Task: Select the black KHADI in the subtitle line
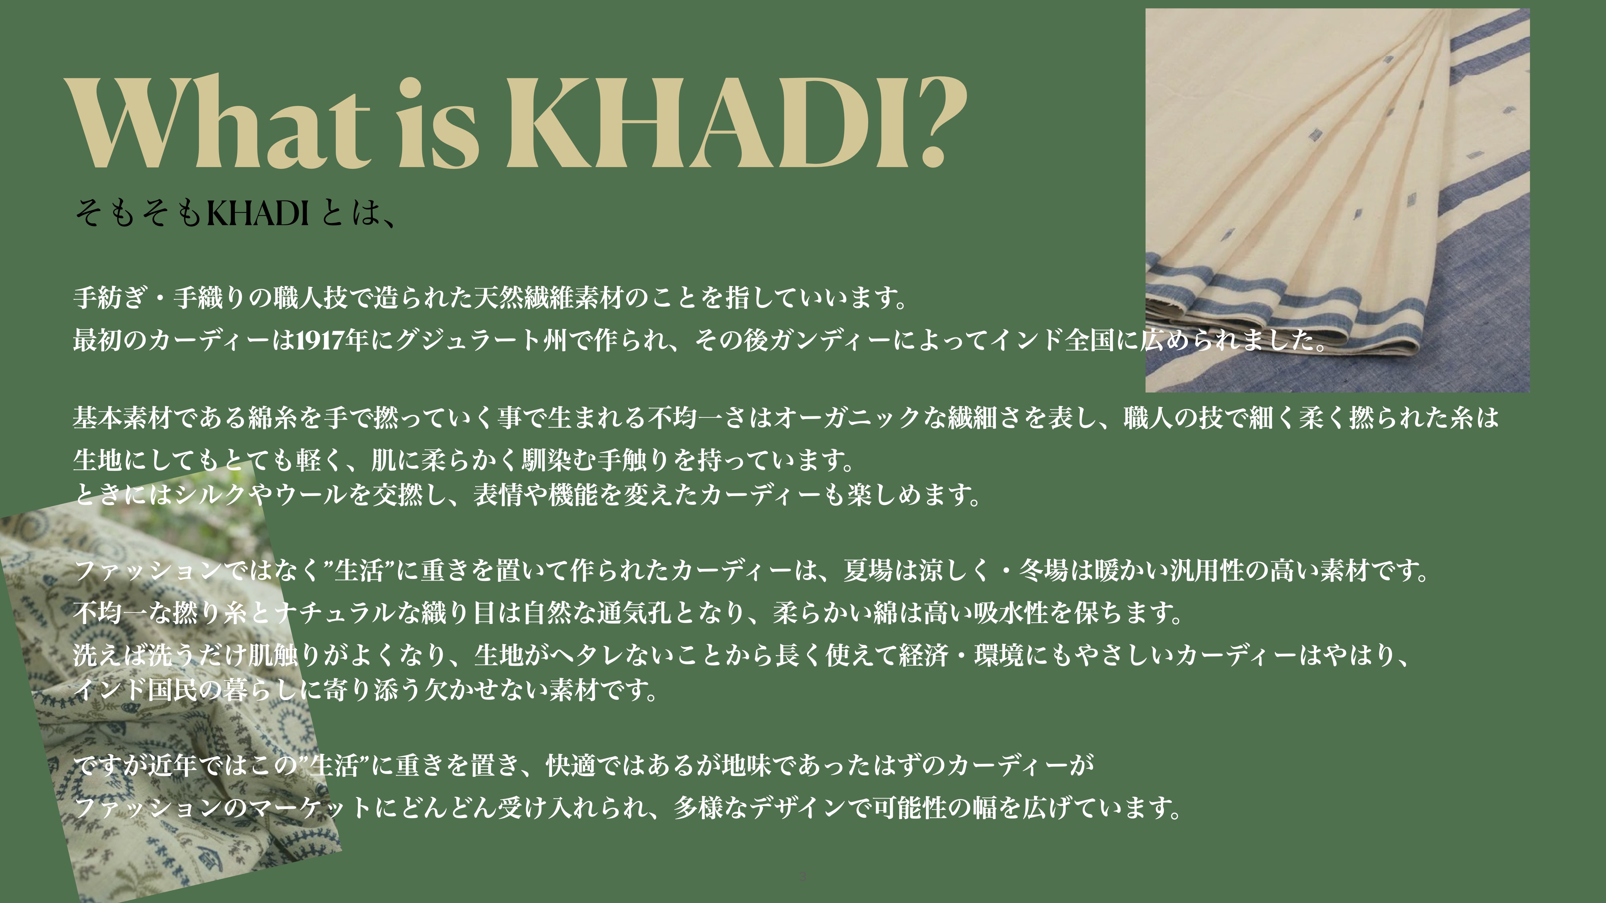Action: click(257, 213)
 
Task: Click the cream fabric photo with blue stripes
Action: click(1337, 200)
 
